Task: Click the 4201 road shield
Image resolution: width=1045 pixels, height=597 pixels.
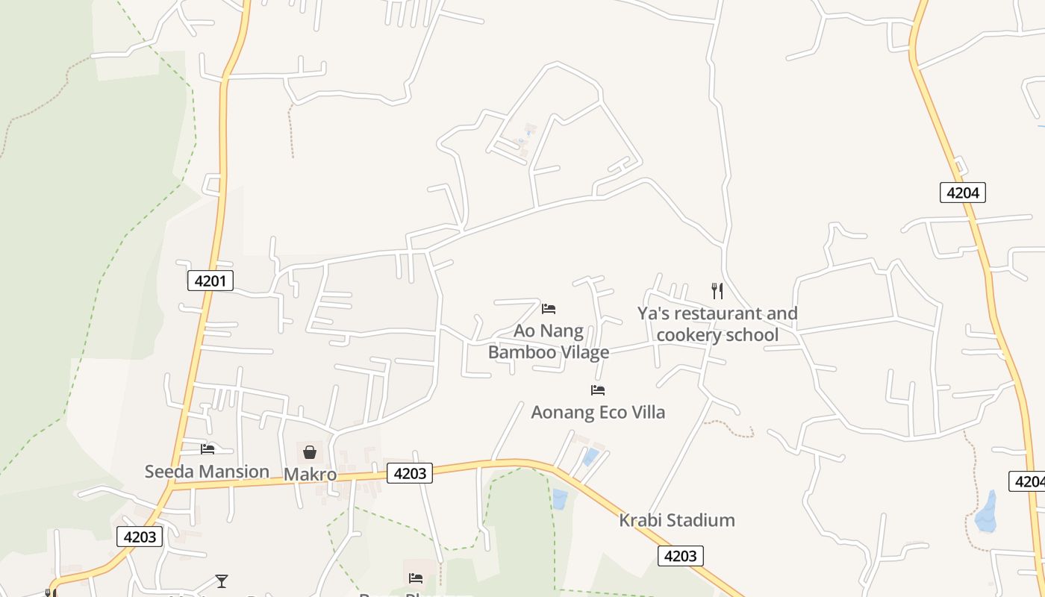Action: point(210,281)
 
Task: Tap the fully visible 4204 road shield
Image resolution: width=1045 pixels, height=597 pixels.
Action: point(962,193)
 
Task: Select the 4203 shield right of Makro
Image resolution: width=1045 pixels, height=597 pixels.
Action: point(409,473)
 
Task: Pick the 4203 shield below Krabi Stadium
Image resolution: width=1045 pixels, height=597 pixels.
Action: point(680,556)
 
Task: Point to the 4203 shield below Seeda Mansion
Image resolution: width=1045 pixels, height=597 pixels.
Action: point(140,537)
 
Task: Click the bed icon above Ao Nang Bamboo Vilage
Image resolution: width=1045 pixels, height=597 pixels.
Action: point(549,308)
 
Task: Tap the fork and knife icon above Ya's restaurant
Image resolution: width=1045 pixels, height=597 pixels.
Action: point(717,290)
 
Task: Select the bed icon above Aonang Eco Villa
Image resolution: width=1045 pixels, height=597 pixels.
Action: point(597,390)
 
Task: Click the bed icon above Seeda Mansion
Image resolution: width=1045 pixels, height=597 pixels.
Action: point(208,448)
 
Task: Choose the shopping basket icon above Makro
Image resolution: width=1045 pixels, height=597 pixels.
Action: point(309,451)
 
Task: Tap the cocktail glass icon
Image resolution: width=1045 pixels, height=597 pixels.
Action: point(221,581)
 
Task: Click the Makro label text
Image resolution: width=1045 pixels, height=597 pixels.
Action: point(310,475)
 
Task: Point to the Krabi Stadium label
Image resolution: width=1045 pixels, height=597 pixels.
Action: point(676,520)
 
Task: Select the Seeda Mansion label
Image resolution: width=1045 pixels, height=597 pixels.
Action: point(207,472)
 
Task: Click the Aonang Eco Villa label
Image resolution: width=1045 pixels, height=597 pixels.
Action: point(597,412)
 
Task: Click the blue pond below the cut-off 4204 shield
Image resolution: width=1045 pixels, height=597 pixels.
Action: point(987,513)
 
